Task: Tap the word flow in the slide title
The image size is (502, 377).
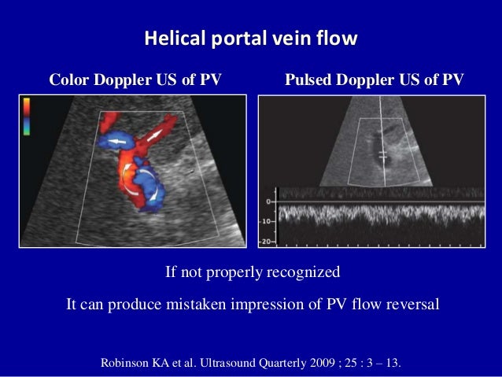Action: point(340,38)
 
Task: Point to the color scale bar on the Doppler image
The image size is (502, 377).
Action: point(26,116)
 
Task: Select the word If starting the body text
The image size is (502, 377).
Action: point(170,273)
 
